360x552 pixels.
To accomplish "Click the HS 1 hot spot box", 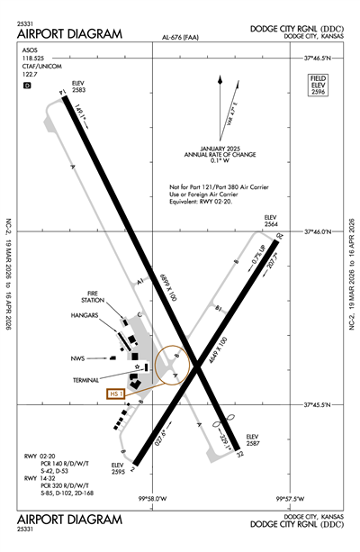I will [114, 394].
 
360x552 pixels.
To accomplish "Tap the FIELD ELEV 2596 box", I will [317, 86].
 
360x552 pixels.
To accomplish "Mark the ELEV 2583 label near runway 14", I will [78, 88].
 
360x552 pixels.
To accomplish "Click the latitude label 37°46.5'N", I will [319, 58].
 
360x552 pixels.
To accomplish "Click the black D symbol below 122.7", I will [27, 86].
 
